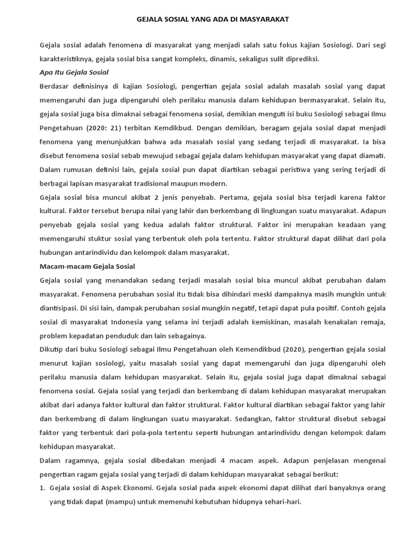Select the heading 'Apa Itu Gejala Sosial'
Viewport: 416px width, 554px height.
coord(74,72)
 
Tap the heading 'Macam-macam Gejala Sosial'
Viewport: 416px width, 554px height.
coord(87,266)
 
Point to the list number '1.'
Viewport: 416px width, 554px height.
coord(43,488)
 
